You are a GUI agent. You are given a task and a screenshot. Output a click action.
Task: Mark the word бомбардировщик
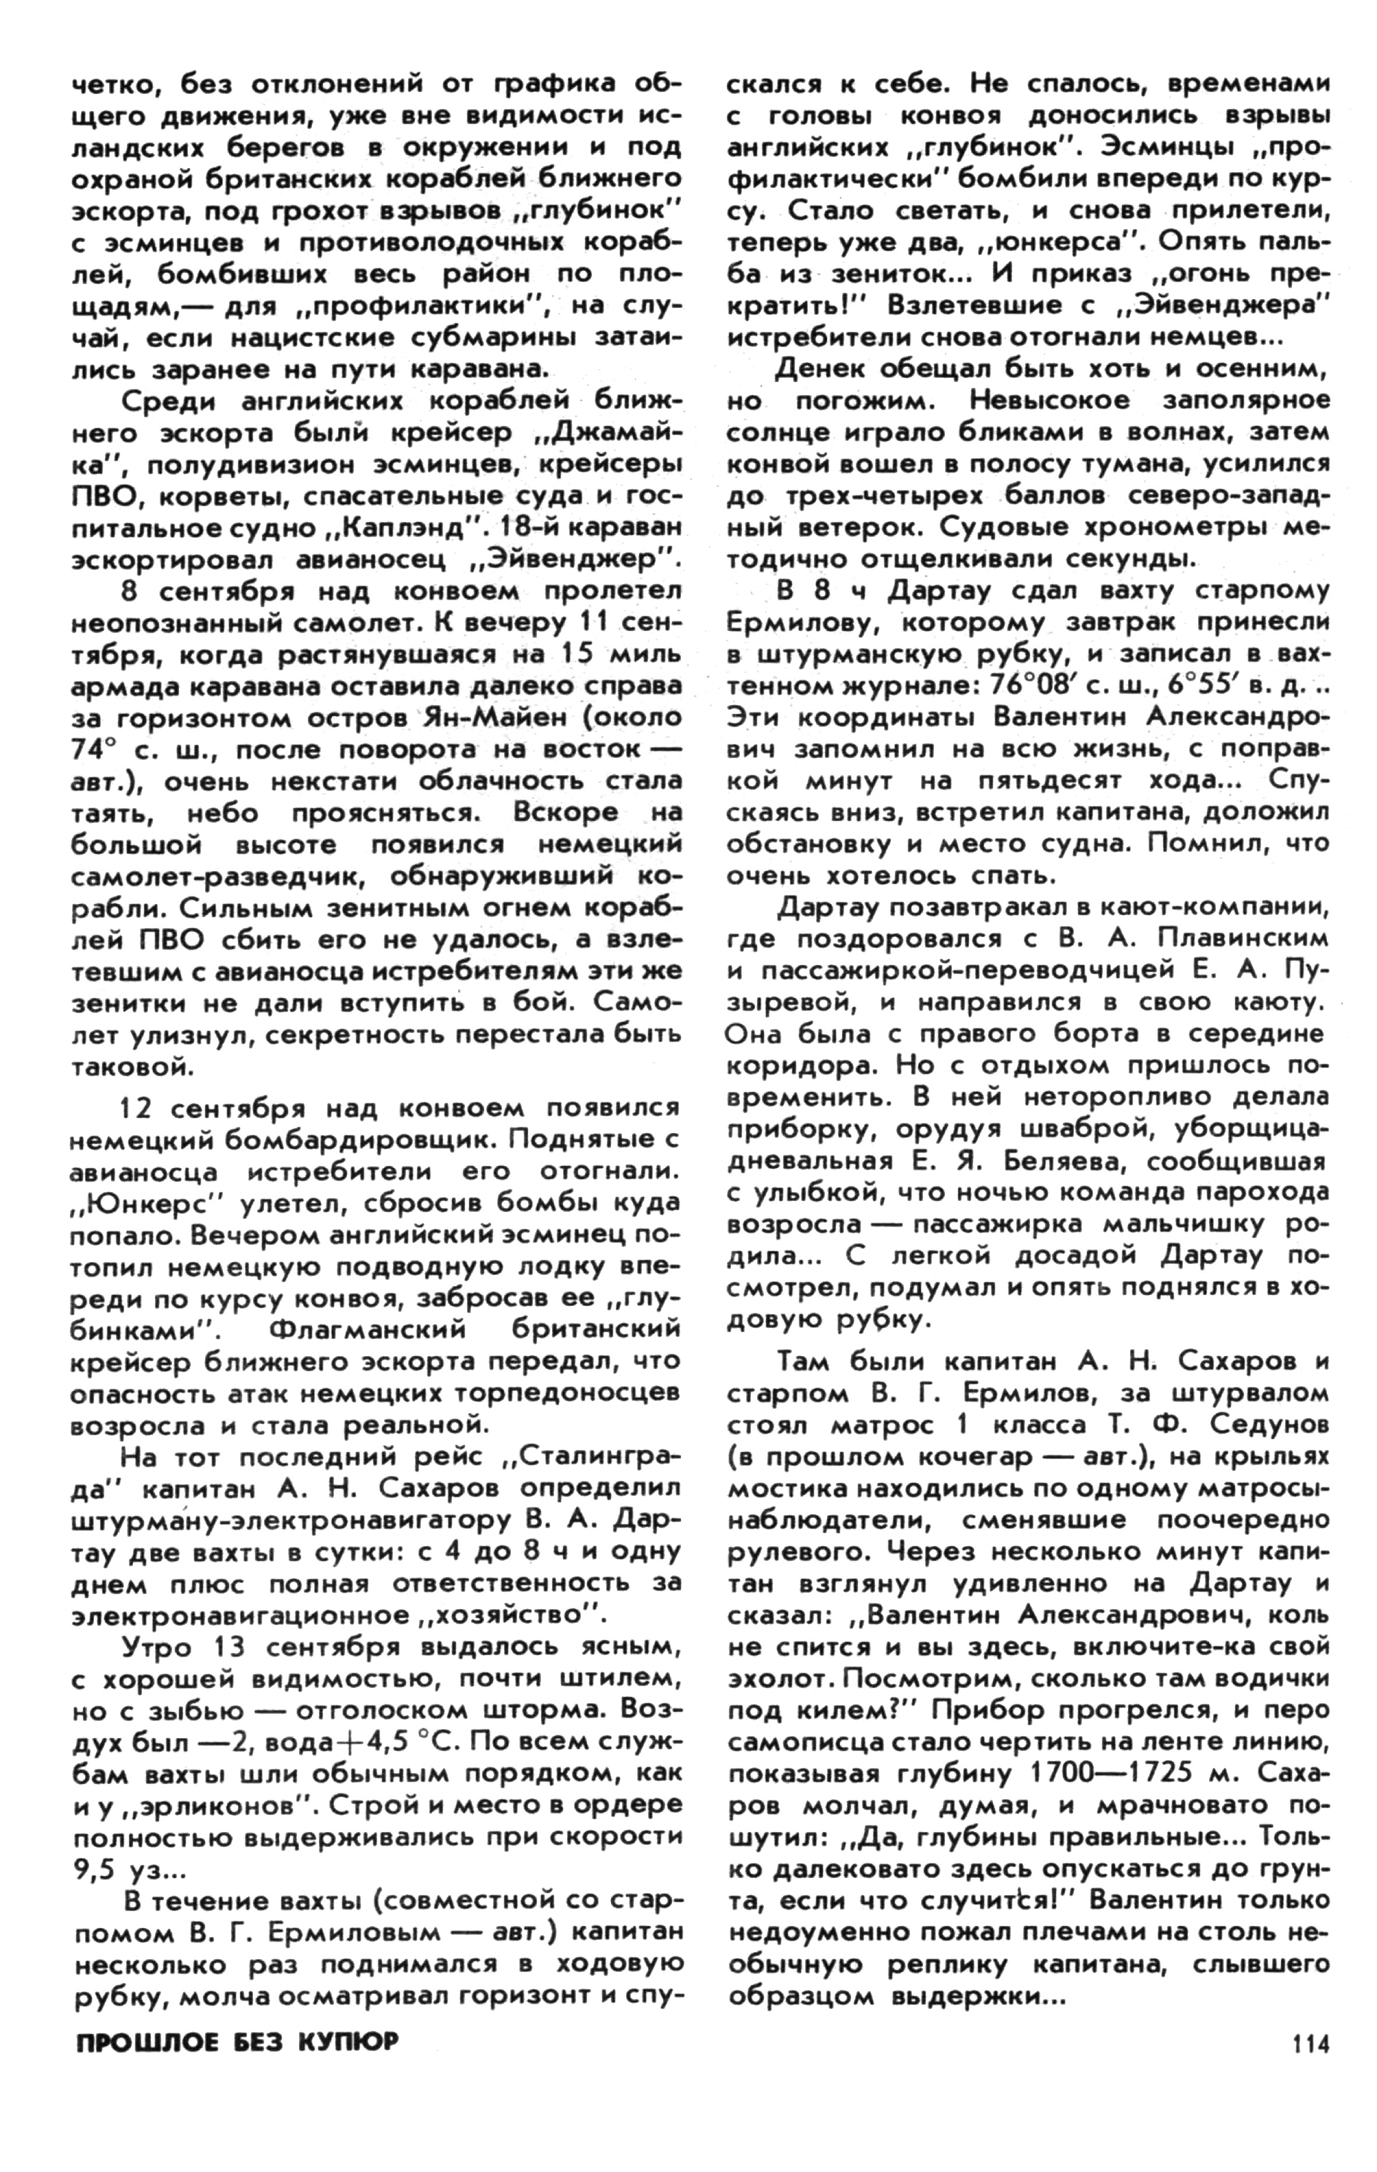[x=355, y=1140]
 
